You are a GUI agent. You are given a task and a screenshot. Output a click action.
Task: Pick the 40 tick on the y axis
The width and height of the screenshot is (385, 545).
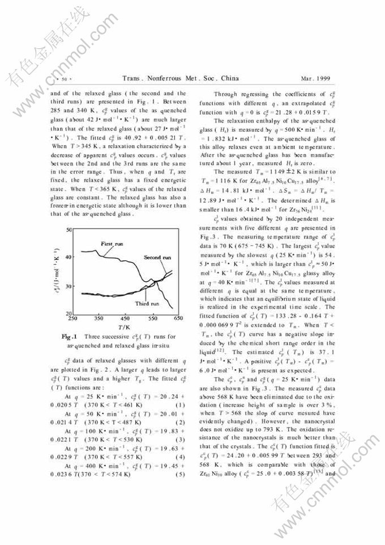coord(69,257)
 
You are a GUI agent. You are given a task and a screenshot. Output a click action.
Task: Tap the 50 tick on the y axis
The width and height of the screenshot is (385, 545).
coord(69,230)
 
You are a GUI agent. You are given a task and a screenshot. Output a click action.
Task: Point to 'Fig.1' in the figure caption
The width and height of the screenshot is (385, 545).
coord(70,336)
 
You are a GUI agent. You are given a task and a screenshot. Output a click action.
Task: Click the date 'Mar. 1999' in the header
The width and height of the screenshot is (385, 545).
coord(314,77)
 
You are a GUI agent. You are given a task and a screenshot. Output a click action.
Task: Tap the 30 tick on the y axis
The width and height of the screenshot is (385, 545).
coord(69,286)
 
